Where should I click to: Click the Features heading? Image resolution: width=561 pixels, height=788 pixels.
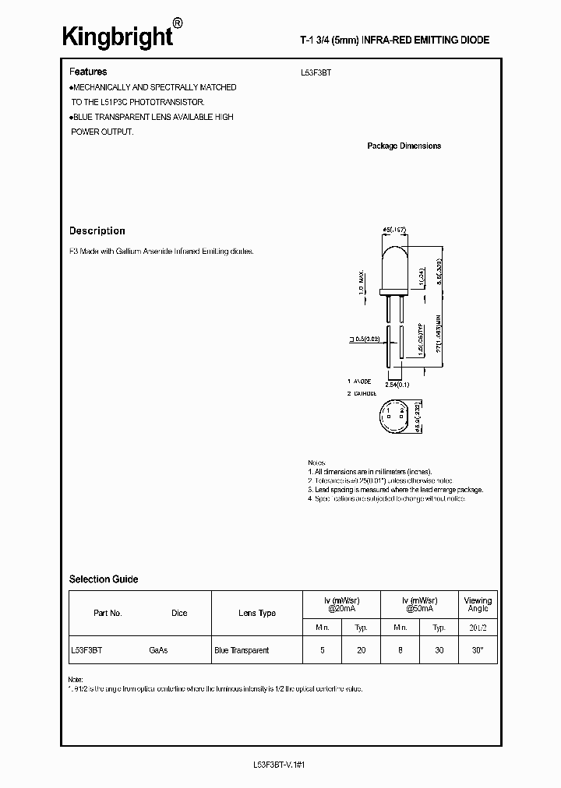tap(88, 71)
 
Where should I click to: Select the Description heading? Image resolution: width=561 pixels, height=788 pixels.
tap(97, 230)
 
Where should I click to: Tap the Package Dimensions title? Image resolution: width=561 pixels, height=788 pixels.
tap(404, 146)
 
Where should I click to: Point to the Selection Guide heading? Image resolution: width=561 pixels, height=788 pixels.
tap(104, 579)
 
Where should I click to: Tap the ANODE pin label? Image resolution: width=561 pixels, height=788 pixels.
tap(360, 382)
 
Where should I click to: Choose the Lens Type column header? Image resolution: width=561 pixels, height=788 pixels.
tap(256, 613)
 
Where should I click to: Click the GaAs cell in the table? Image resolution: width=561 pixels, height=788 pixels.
tap(158, 650)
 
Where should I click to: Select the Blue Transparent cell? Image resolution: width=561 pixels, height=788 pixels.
tap(242, 650)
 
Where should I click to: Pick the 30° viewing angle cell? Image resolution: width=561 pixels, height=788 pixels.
tap(478, 650)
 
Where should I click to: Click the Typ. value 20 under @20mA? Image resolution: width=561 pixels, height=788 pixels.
tap(361, 650)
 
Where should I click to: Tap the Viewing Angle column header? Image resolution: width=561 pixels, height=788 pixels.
tap(478, 604)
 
